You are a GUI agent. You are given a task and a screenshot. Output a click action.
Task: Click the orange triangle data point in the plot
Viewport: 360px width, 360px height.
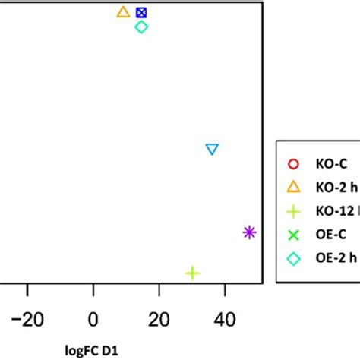123,12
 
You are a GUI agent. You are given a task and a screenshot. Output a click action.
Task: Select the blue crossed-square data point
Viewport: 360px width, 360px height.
141,13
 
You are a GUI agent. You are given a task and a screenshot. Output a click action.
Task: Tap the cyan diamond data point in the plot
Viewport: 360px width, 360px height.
141,27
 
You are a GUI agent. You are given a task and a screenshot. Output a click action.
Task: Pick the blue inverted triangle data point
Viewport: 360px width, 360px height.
213,150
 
